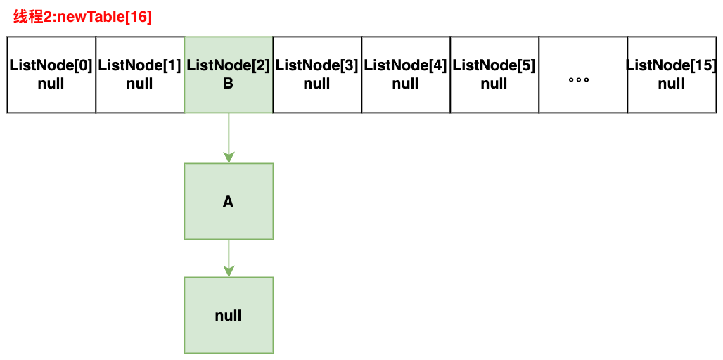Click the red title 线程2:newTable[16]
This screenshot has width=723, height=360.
pos(82,18)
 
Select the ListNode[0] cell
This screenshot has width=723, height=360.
pos(51,75)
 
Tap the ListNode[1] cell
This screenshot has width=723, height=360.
pos(140,75)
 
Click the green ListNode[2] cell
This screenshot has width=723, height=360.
pos(229,75)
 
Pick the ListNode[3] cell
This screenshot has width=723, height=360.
pos(317,75)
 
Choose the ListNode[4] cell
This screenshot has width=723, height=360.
pos(406,75)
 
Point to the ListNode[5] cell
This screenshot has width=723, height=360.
pos(494,75)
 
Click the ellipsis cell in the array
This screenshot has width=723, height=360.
pos(583,75)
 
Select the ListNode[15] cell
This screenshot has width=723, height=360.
pos(672,75)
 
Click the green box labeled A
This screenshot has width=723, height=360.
pos(229,201)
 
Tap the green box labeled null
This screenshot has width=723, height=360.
pos(229,315)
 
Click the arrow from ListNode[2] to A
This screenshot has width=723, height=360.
pos(229,138)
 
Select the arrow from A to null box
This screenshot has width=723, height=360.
pos(229,258)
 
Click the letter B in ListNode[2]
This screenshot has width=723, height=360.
pos(229,84)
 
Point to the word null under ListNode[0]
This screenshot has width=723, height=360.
pos(51,84)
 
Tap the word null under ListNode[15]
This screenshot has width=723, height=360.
pos(672,84)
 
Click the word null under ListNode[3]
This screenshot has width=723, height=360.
pos(316,84)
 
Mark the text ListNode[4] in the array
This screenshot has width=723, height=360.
pos(406,66)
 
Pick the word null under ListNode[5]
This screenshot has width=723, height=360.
pos(494,84)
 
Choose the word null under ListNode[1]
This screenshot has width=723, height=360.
pos(140,84)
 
